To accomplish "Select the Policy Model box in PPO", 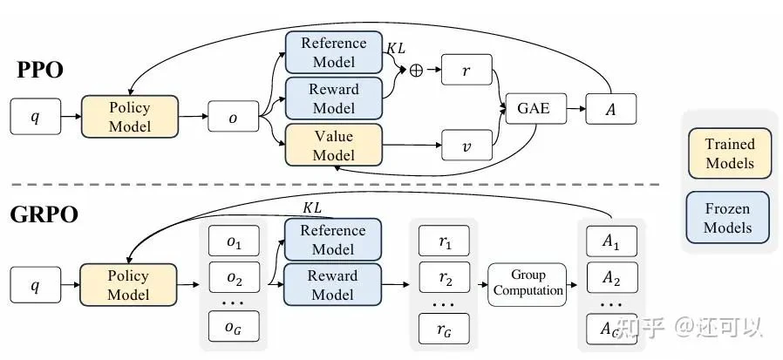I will point(129,117).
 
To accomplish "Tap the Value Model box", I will point(333,145).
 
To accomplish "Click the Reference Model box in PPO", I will point(333,52).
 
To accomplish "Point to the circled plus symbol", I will point(416,71).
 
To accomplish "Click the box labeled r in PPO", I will point(467,70).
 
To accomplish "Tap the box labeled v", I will point(467,145).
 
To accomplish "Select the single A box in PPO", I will point(610,110).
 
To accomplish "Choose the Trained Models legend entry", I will point(729,153).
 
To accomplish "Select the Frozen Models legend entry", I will point(729,218).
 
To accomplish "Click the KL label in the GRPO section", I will point(311,208).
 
